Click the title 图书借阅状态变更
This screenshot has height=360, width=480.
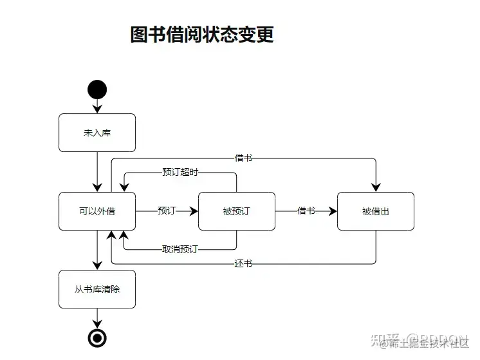(202, 35)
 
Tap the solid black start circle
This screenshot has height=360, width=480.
(97, 90)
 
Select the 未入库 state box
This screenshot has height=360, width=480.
(97, 133)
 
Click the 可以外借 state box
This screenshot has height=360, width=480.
(97, 211)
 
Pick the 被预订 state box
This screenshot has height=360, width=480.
(236, 211)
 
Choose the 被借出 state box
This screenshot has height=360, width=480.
(375, 211)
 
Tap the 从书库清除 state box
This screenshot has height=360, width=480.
(97, 289)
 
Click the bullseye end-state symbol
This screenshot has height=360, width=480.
(97, 337)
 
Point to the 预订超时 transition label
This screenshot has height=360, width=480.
(180, 172)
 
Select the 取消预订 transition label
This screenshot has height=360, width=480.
(180, 249)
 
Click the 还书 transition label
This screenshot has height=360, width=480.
(243, 263)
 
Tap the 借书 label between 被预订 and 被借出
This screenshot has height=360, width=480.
(306, 211)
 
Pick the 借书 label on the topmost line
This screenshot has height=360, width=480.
(243, 158)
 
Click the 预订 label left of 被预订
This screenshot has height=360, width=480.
(166, 211)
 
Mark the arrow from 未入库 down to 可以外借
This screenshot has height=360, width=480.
(97, 171)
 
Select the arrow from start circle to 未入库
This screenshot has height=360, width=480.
(97, 105)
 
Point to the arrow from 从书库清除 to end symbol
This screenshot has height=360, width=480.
(97, 317)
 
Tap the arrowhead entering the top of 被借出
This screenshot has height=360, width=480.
(375, 187)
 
